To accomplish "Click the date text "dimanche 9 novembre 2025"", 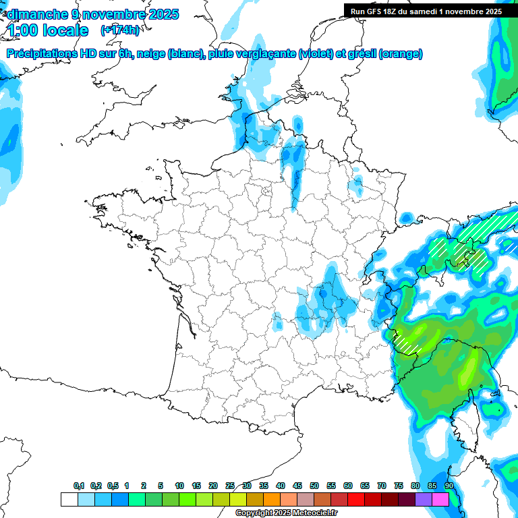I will tap(92, 14).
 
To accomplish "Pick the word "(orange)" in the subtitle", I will tap(401, 54).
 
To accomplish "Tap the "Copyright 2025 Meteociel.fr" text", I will tap(286, 513).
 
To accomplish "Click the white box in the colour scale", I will tap(69, 499).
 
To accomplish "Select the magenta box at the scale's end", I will tap(440, 499).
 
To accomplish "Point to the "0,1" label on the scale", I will tap(79, 486).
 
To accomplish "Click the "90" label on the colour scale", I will tap(449, 486).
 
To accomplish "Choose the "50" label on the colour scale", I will tap(314, 486).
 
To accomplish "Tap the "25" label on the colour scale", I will tap(230, 486).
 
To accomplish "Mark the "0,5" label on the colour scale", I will tap(112, 486).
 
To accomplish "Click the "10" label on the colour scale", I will tap(179, 486).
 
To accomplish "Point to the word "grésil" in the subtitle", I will tap(361, 54).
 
